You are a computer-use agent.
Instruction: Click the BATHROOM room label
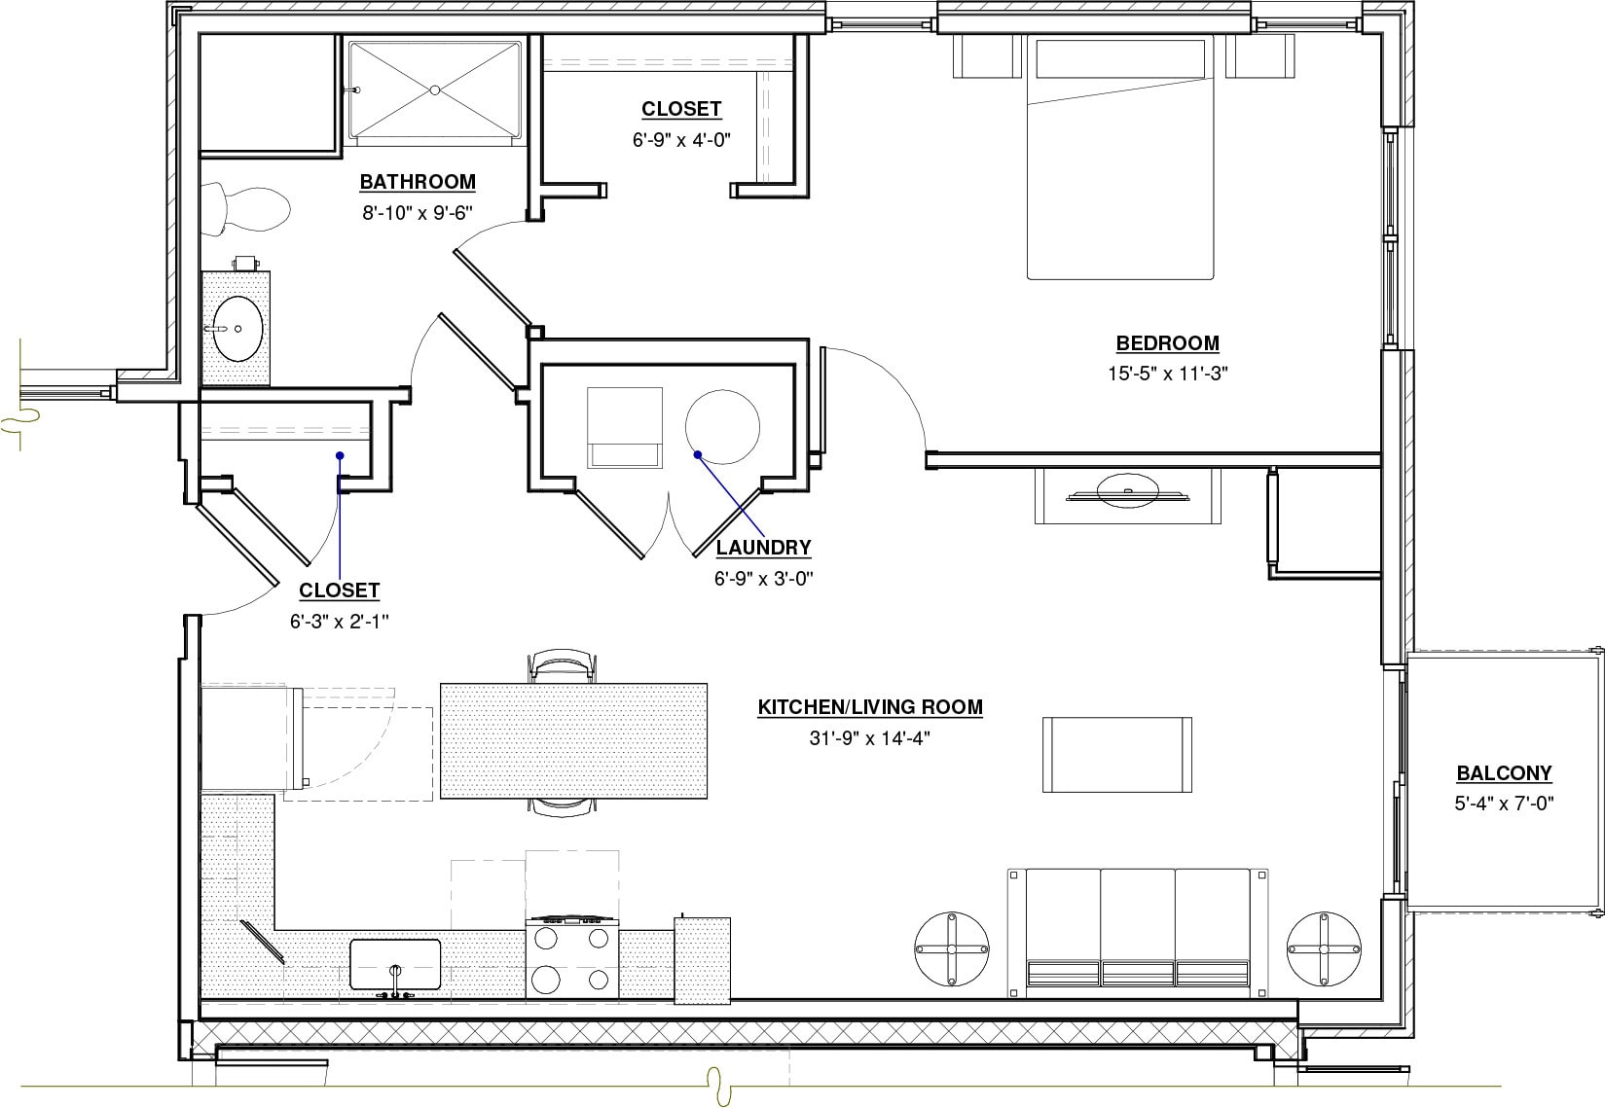pyautogui.click(x=418, y=182)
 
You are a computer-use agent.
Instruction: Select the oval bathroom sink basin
pyautogui.click(x=237, y=328)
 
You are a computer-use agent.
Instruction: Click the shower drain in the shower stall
pyautogui.click(x=435, y=89)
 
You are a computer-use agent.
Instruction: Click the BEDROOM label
pyautogui.click(x=1167, y=343)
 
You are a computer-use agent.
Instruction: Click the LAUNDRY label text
pyautogui.click(x=763, y=549)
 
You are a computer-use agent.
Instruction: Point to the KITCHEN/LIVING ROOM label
pyautogui.click(x=870, y=707)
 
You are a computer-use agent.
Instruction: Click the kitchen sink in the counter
pyautogui.click(x=395, y=965)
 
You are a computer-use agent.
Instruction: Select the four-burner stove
pyautogui.click(x=572, y=959)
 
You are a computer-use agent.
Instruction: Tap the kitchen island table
pyautogui.click(x=573, y=740)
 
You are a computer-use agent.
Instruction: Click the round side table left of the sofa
pyautogui.click(x=952, y=948)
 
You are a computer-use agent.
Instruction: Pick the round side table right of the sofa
pyautogui.click(x=1323, y=948)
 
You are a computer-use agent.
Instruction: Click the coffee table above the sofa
pyautogui.click(x=1117, y=755)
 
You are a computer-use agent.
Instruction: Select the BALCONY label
pyautogui.click(x=1504, y=774)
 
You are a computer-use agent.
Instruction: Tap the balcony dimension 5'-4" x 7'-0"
pyautogui.click(x=1504, y=804)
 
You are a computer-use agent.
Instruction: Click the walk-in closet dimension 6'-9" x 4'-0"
pyautogui.click(x=681, y=140)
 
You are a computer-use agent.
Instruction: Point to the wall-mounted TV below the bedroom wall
pyautogui.click(x=1128, y=493)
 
